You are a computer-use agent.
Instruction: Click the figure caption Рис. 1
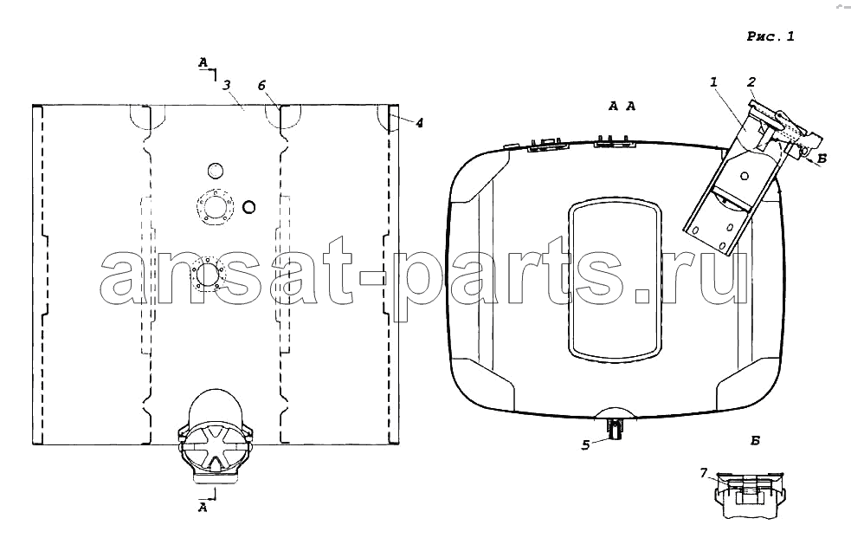[x=770, y=36]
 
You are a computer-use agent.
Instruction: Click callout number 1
[x=713, y=82]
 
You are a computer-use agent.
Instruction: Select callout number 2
[x=751, y=82]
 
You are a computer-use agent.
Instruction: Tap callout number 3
[x=227, y=85]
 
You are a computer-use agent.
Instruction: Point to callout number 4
[x=419, y=123]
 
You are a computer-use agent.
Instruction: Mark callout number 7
[x=703, y=473]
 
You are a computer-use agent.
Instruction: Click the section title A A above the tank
[x=622, y=107]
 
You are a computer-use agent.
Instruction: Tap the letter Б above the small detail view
[x=755, y=441]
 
